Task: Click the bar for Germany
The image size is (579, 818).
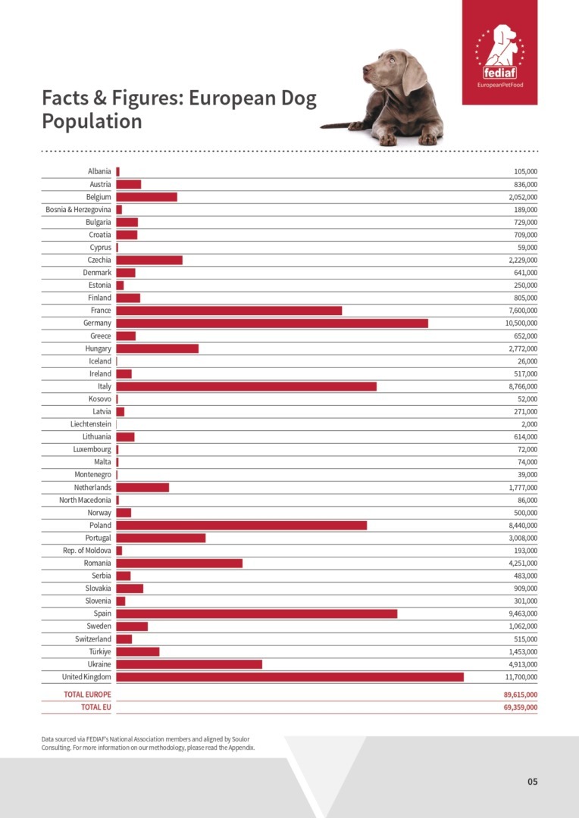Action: point(272,323)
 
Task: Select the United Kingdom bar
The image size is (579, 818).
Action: point(289,676)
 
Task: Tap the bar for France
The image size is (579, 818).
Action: point(229,311)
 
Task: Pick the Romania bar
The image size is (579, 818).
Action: point(180,563)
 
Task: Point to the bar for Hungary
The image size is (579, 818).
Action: point(158,348)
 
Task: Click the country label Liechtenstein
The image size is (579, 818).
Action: point(91,424)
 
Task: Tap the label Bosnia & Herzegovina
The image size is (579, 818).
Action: point(79,210)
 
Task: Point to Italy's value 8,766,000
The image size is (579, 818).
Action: point(521,386)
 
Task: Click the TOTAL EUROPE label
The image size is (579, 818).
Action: point(87,695)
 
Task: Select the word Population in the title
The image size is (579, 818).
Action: point(92,121)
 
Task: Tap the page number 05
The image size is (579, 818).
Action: point(533,782)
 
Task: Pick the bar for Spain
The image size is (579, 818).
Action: point(257,613)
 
